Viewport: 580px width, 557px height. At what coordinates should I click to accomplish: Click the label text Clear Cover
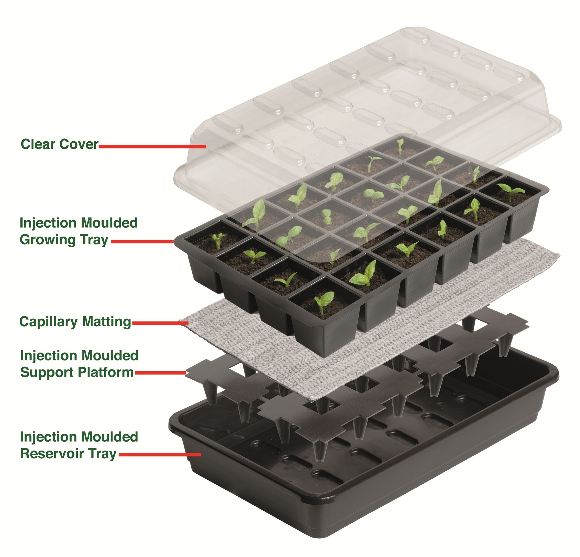pyautogui.click(x=59, y=144)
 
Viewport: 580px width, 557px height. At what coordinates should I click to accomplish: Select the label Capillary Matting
pyautogui.click(x=75, y=322)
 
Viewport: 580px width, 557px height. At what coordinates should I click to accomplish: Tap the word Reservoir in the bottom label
pyautogui.click(x=52, y=453)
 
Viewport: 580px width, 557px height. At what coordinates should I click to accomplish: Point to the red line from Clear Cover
pyautogui.click(x=152, y=146)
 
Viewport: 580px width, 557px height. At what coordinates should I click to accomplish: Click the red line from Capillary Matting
pyautogui.click(x=160, y=323)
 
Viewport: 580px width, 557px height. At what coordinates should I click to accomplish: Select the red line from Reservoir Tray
pyautogui.click(x=160, y=455)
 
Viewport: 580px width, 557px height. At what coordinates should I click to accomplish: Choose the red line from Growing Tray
pyautogui.click(x=143, y=241)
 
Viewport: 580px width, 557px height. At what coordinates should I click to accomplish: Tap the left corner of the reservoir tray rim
pyautogui.click(x=170, y=426)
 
